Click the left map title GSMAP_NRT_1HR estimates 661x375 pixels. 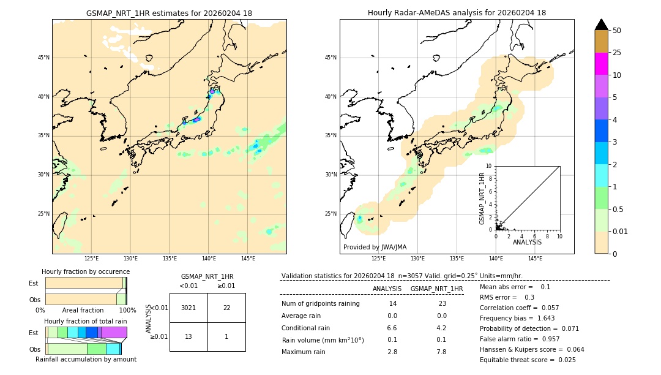(169, 13)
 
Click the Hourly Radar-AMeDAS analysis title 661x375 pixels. (457, 13)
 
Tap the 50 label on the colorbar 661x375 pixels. (617, 31)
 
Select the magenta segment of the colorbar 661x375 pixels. (602, 64)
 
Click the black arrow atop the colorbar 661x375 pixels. (602, 25)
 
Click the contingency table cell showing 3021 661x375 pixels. (189, 308)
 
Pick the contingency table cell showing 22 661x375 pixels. (226, 308)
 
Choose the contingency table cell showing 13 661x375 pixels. (189, 337)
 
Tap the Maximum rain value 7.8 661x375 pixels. (441, 352)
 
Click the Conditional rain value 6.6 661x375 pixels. (392, 328)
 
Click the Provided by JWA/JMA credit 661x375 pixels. (375, 248)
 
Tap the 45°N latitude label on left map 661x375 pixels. (43, 58)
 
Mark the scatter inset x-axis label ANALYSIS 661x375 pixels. (527, 243)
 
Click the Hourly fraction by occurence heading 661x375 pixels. (86, 272)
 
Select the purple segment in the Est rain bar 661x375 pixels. (114, 332)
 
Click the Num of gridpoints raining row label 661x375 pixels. (320, 304)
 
